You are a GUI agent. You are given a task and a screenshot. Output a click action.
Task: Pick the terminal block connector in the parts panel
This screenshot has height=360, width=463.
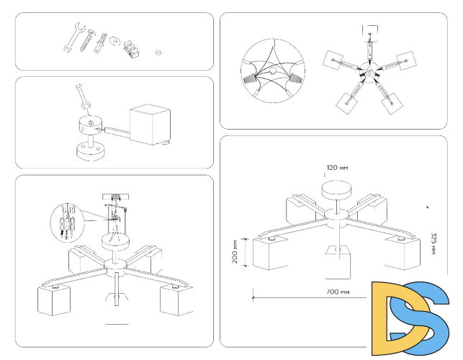point(132,50)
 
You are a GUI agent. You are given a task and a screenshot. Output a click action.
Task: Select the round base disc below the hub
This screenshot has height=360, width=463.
point(91,152)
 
